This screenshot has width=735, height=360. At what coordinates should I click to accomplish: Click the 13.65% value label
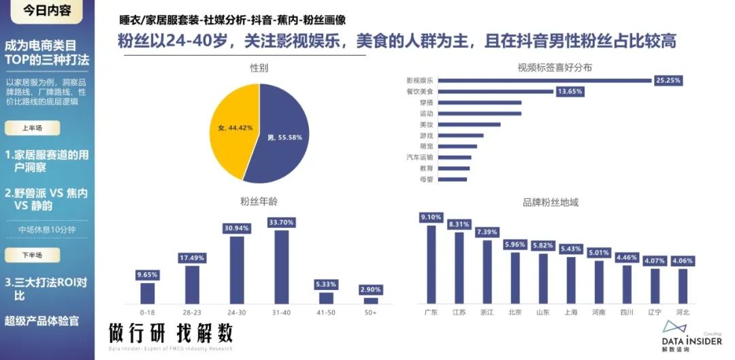[x=570, y=91]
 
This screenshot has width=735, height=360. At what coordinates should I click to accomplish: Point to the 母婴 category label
[x=426, y=180]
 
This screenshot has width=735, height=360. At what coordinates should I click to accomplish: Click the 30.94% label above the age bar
[x=237, y=228]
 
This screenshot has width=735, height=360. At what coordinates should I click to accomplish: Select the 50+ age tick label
[x=370, y=312]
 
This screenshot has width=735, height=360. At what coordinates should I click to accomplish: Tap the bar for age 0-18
[x=147, y=293]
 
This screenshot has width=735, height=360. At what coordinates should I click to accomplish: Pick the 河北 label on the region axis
[x=683, y=312]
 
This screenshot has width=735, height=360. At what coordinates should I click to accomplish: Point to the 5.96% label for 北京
[x=514, y=244]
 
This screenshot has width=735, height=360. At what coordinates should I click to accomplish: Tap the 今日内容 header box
[x=46, y=11]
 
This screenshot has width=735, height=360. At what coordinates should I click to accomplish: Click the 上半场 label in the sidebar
[x=32, y=127]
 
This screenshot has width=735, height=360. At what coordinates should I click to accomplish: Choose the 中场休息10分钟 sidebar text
[x=46, y=229]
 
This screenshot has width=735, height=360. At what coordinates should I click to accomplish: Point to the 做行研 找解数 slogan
[x=171, y=333]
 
